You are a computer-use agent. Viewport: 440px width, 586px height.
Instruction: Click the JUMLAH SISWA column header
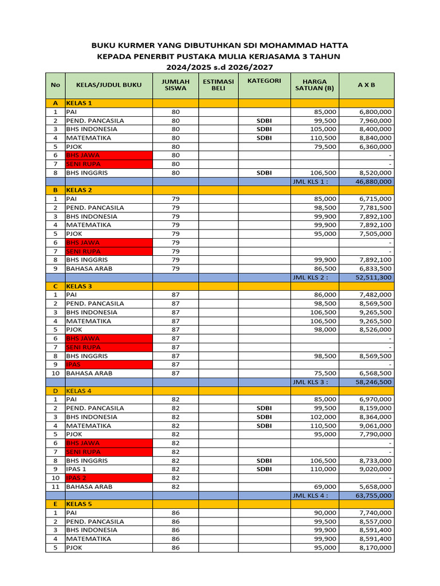click(175, 85)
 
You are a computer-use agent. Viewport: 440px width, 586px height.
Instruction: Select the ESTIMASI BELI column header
click(218, 85)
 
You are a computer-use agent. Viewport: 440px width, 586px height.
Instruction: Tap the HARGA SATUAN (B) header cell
click(314, 85)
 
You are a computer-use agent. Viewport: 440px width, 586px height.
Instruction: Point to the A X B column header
click(366, 85)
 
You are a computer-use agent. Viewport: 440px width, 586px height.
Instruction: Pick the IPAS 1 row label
click(77, 469)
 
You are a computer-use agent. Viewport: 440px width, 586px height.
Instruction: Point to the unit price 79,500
click(324, 146)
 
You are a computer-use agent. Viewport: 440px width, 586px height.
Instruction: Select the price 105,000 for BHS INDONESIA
click(322, 129)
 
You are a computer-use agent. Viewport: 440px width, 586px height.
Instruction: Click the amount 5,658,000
click(376, 486)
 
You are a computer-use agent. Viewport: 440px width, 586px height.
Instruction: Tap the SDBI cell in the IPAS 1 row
click(264, 469)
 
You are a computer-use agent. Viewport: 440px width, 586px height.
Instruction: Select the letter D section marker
click(55, 391)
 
